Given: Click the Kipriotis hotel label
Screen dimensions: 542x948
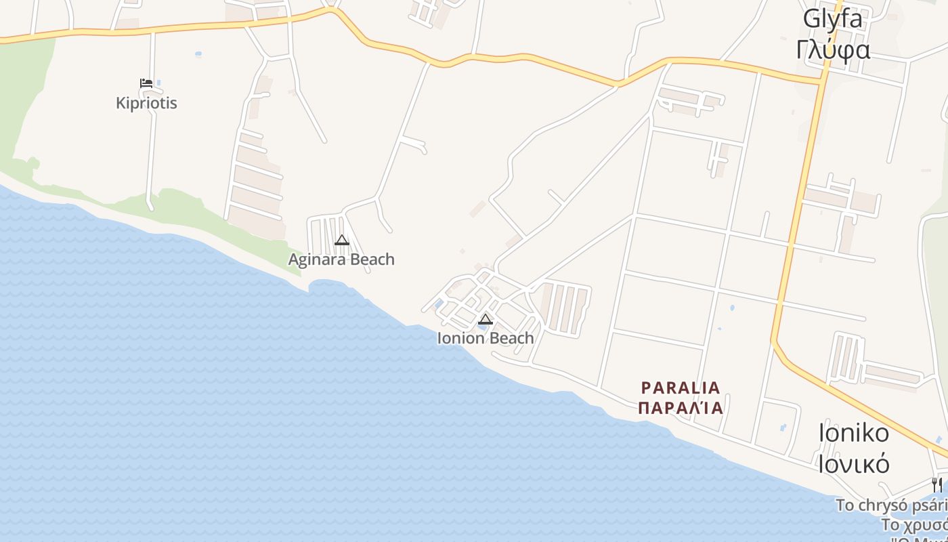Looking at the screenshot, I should pos(146,103).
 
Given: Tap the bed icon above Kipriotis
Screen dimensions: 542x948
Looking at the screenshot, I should pos(146,84).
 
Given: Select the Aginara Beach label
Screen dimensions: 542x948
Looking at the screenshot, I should pos(341,259).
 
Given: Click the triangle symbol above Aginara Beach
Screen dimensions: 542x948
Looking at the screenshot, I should pos(342,240).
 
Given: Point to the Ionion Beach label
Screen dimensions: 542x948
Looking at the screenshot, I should pos(486,338).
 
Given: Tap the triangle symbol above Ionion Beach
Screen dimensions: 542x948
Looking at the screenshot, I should pos(486,319).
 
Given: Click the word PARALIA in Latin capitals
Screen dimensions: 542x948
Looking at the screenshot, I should pos(681,388).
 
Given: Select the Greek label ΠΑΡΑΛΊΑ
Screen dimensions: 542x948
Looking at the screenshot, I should pos(681,408).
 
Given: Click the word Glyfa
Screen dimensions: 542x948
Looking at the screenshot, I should pos(833,18).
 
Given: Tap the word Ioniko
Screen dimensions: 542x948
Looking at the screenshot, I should pos(853,432).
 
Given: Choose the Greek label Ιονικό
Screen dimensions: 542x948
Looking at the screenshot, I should pos(853,464).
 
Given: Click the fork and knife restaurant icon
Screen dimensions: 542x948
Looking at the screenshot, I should pos(936,484).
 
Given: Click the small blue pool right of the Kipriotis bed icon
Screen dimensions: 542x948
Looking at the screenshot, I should pos(158,83).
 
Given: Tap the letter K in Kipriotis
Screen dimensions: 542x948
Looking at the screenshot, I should pos(121,103).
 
